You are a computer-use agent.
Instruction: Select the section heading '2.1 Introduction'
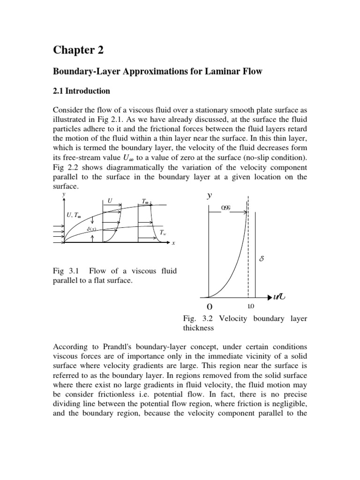[x=81, y=90]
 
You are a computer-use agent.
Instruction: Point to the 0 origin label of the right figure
[x=209, y=307]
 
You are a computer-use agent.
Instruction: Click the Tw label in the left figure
[x=163, y=232]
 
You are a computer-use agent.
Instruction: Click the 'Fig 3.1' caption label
[x=66, y=271]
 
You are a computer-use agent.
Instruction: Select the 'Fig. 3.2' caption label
[x=196, y=319]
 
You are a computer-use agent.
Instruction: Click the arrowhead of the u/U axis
[x=271, y=297]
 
